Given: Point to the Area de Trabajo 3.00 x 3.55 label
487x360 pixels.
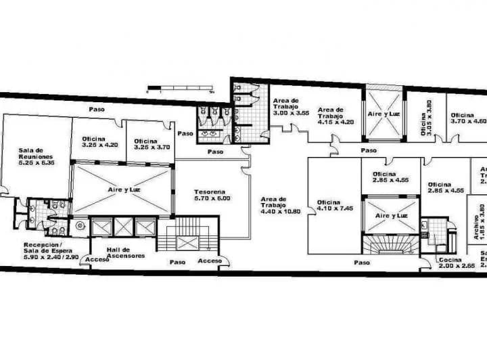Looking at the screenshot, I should (291, 108).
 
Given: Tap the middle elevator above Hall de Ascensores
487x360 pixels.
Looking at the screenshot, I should (123, 227).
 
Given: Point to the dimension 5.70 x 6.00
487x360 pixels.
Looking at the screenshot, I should (211, 198).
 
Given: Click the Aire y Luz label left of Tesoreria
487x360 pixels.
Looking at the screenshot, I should (122, 190).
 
